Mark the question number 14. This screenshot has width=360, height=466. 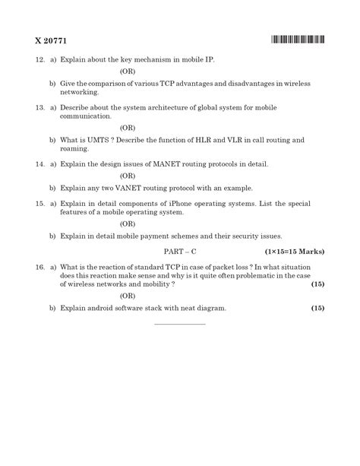(39, 163)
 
